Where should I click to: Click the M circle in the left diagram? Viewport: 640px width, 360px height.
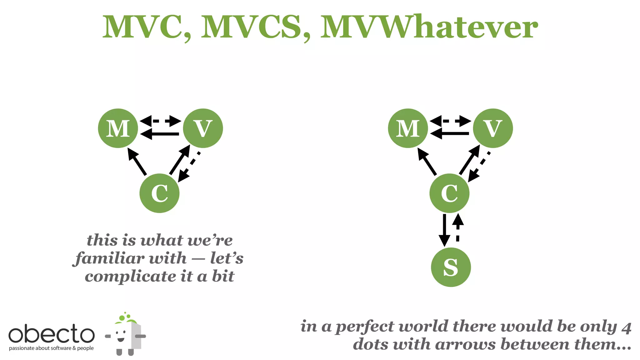[x=118, y=128]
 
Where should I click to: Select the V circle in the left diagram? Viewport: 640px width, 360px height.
[x=203, y=128]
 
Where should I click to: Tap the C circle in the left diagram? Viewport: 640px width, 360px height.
[x=159, y=193]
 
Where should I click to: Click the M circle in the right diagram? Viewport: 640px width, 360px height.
[x=408, y=128]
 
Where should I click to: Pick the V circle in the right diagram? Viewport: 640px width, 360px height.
[x=493, y=128]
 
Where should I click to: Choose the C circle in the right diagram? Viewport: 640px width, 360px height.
[x=449, y=193]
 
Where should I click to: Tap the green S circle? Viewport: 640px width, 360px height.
[x=451, y=267]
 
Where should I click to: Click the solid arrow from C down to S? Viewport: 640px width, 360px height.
[x=444, y=230]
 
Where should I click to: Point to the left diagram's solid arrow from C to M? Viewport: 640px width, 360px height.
[x=137, y=162]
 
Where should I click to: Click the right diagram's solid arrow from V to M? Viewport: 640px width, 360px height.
[x=450, y=134]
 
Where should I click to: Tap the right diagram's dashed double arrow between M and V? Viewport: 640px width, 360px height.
[x=450, y=121]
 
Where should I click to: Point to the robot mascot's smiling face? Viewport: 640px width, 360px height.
[x=121, y=336]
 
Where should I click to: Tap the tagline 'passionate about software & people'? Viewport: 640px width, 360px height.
[x=51, y=348]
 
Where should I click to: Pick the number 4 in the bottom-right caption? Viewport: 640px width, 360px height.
[x=626, y=327]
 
